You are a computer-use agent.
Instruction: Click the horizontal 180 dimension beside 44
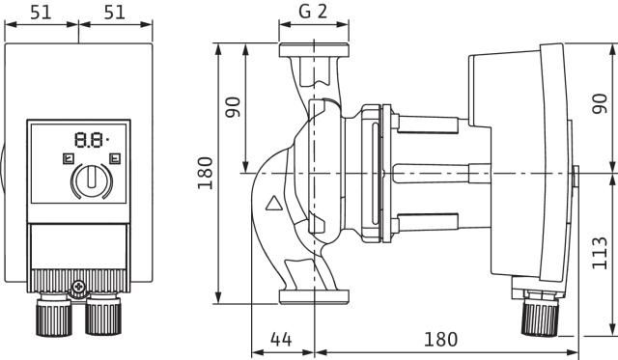[x=440, y=341]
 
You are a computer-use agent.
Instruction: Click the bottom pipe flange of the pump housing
[x=309, y=295]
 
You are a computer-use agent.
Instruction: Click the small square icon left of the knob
[x=67, y=157]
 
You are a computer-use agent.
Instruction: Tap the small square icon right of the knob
[x=116, y=157]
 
